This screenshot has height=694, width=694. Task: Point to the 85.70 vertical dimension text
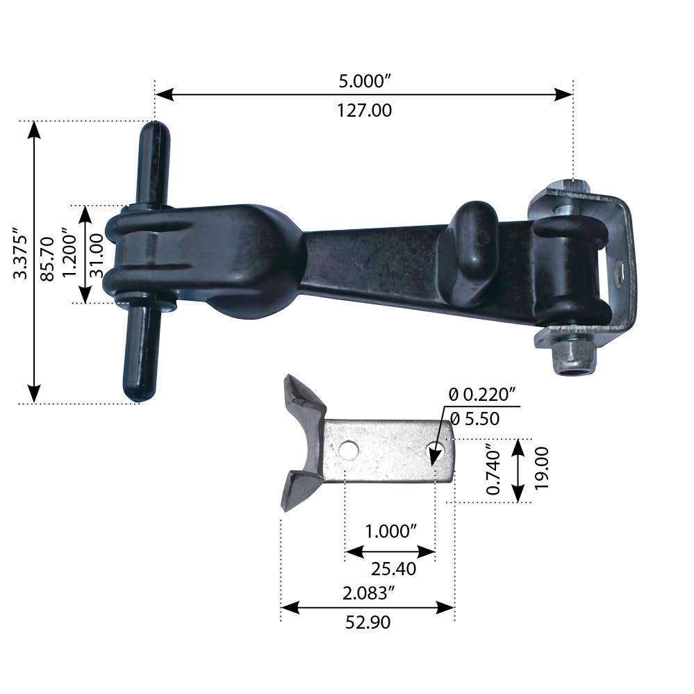47,258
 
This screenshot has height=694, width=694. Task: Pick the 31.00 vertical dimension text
97,255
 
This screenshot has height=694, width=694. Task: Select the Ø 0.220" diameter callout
483,395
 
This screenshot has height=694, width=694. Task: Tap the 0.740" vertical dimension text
494,470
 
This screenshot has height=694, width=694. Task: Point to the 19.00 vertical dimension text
542,469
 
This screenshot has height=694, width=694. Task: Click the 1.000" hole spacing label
390,531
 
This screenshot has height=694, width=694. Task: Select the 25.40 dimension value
393,569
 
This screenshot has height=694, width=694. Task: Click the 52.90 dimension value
367,623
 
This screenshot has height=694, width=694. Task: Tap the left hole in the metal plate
348,450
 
